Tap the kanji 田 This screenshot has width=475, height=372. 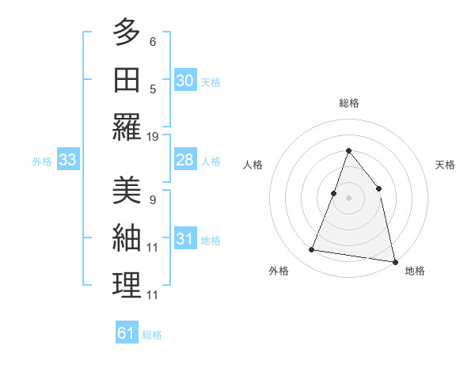click(x=127, y=80)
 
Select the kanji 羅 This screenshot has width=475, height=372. click(x=127, y=127)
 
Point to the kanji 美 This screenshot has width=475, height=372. click(x=127, y=190)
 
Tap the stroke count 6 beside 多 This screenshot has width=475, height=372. click(x=153, y=41)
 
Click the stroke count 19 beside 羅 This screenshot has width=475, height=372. click(x=154, y=137)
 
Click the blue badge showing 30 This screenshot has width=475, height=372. click(x=185, y=81)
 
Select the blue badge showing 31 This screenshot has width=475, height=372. click(x=185, y=239)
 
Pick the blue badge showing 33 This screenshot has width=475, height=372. click(x=68, y=161)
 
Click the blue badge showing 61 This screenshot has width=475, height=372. click(x=127, y=333)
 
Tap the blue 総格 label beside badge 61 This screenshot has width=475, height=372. click(x=152, y=335)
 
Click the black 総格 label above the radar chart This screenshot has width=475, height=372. click(x=348, y=103)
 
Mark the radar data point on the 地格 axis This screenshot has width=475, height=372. click(x=393, y=260)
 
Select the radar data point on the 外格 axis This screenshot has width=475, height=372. click(x=312, y=250)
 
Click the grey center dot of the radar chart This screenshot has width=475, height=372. click(x=348, y=198)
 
